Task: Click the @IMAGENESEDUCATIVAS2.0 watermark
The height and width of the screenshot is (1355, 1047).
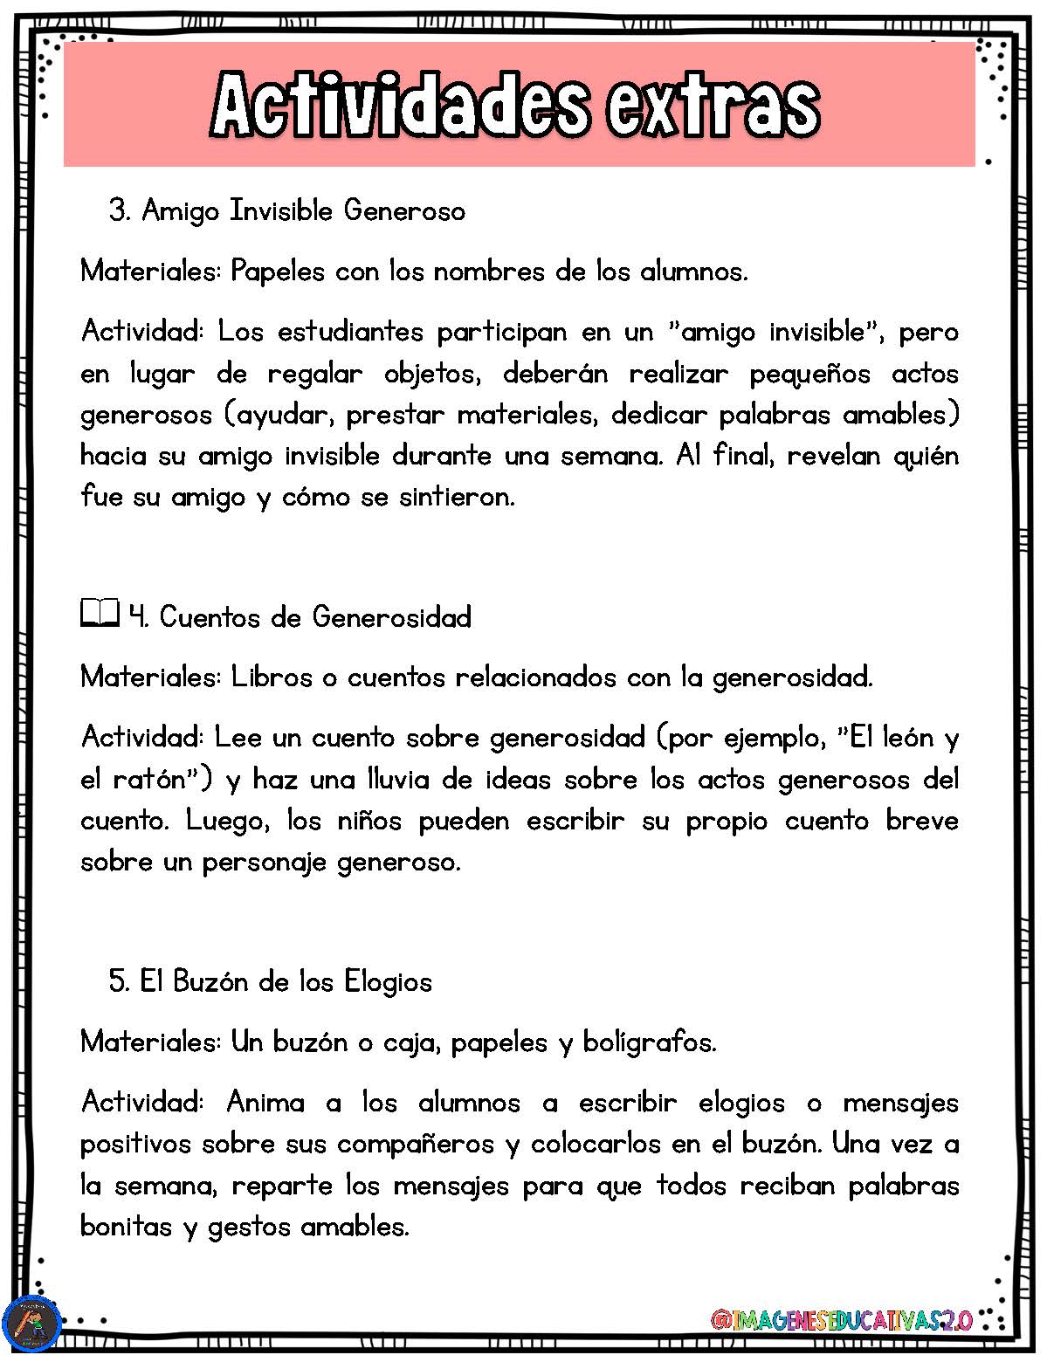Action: (x=842, y=1320)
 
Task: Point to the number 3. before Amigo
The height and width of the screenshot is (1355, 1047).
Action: (x=120, y=210)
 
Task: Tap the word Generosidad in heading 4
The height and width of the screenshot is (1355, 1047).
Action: (x=391, y=617)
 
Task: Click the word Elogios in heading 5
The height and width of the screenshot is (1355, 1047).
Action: (x=388, y=981)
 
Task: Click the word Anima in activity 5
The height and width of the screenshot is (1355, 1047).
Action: (x=265, y=1103)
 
